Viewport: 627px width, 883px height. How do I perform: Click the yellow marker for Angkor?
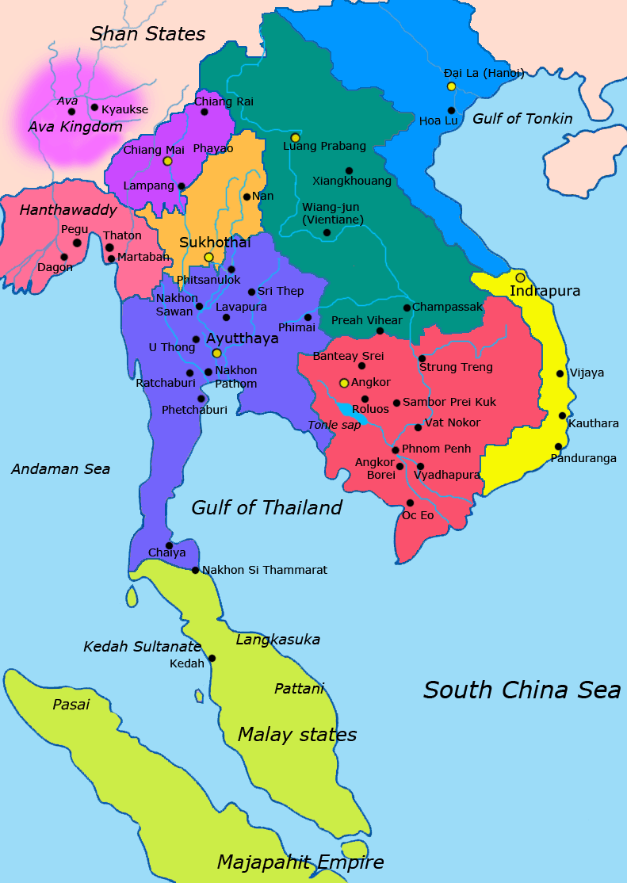pos(344,383)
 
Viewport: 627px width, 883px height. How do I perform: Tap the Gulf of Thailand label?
pos(266,507)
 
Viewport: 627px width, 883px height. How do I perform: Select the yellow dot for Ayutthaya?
pos(216,354)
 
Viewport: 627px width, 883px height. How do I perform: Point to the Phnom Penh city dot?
pos(396,450)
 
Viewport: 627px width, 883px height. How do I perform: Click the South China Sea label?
pos(522,690)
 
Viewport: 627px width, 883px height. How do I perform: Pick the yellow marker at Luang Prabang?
pos(295,138)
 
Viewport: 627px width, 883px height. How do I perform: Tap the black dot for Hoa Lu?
pos(451,111)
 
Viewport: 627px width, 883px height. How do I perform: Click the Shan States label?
pos(147,33)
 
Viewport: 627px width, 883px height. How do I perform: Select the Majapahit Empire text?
pos(300,862)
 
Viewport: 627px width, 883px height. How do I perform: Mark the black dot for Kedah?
pos(212,658)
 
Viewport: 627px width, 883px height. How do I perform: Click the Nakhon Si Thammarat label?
pos(265,570)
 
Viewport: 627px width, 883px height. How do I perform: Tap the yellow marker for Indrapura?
pos(520,277)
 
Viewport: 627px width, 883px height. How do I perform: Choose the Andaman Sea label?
pos(60,469)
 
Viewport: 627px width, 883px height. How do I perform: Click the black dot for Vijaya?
pos(560,373)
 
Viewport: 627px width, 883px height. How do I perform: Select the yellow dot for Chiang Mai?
pos(167,161)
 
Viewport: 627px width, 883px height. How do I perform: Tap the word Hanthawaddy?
pos(68,211)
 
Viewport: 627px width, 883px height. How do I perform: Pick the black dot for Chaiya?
pos(169,545)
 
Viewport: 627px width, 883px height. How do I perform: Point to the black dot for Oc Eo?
pos(410,503)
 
